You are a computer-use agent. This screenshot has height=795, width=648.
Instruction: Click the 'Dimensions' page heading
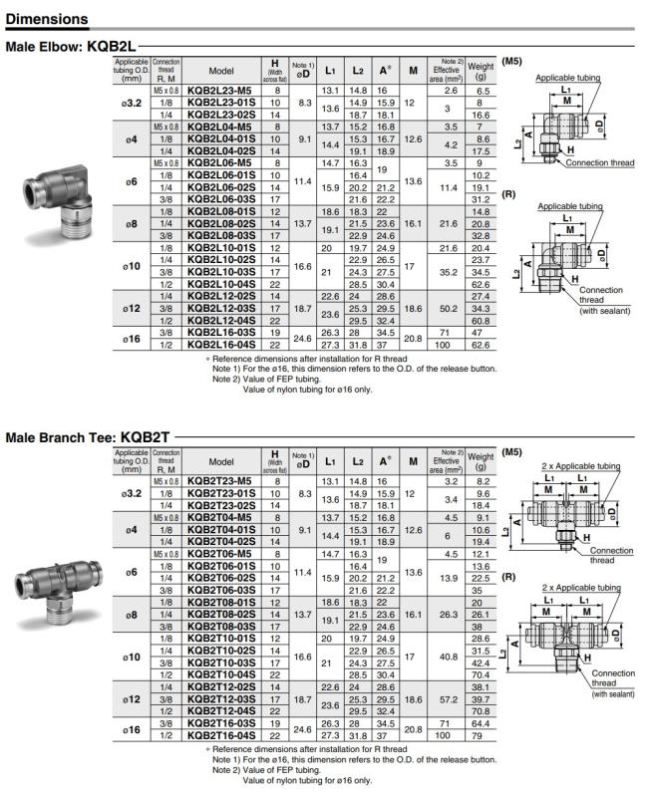pyautogui.click(x=47, y=19)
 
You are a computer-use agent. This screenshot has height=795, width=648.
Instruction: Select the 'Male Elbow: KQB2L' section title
pyautogui.click(x=70, y=46)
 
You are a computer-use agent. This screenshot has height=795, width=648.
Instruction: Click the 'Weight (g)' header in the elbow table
pyautogui.click(x=481, y=71)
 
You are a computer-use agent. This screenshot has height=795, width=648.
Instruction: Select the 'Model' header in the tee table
pyautogui.click(x=221, y=461)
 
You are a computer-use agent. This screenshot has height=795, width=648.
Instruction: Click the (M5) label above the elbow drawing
pyautogui.click(x=511, y=62)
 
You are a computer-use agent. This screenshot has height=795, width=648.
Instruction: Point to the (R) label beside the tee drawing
pyautogui.click(x=511, y=576)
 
